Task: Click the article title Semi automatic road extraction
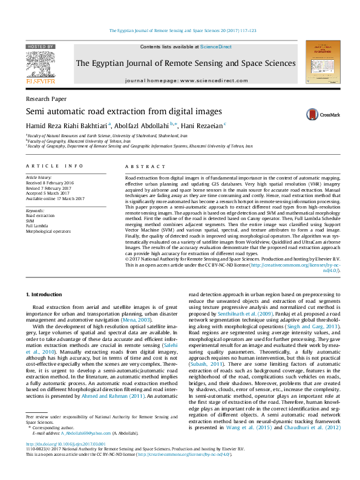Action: (114, 111)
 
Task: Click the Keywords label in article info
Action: (35, 209)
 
